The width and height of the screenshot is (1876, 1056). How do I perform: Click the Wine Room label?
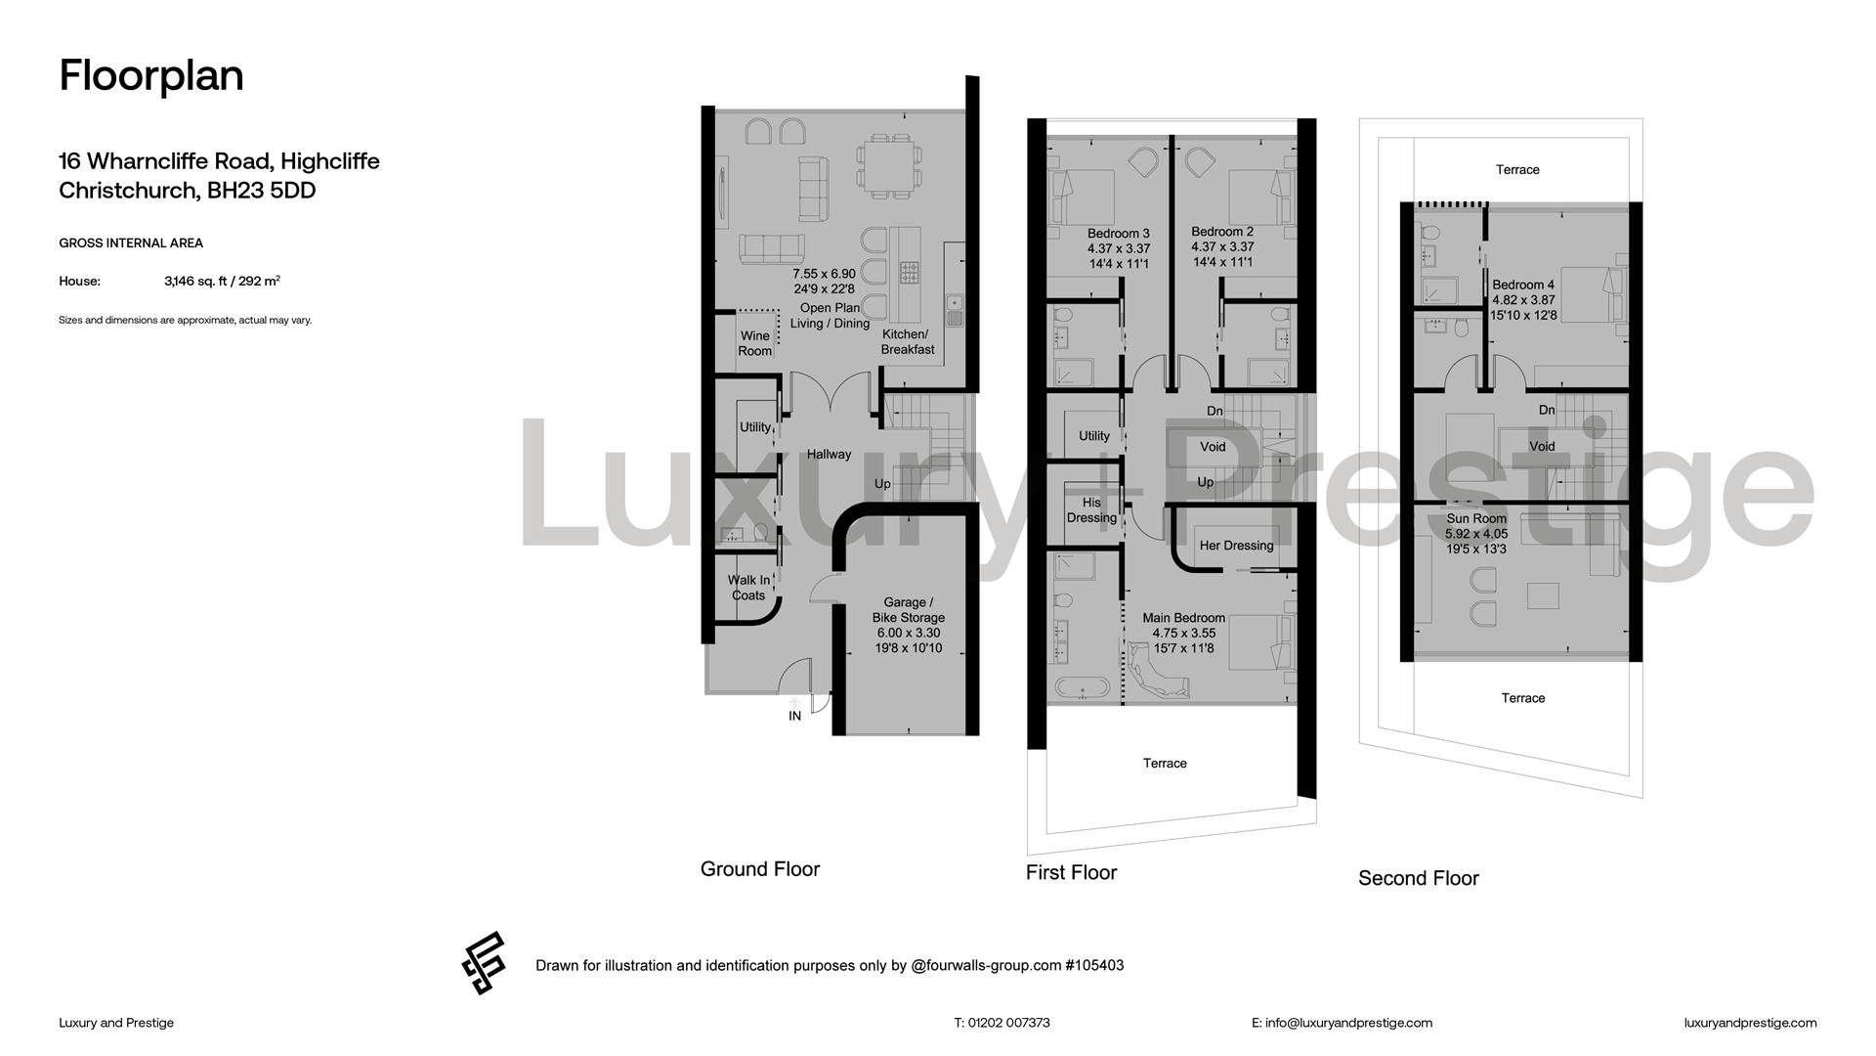(754, 343)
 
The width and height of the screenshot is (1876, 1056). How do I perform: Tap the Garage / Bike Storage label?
(909, 610)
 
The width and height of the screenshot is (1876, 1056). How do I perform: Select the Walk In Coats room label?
(748, 588)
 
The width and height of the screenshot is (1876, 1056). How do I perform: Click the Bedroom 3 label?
(1119, 234)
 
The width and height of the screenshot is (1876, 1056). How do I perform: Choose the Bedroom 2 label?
(1222, 232)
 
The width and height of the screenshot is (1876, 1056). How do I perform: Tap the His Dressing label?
(1091, 510)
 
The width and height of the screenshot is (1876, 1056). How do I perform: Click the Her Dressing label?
(1236, 546)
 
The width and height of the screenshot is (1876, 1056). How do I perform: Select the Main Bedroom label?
(1184, 618)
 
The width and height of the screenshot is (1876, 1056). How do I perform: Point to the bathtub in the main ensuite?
(1082, 687)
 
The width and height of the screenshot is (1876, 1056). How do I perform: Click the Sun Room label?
(1476, 519)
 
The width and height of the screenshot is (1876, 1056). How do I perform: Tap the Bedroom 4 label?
(1523, 286)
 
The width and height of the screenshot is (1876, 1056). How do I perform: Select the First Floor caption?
(1071, 872)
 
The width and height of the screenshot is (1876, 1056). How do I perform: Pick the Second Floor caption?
(1419, 878)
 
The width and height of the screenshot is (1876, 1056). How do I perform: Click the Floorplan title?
(151, 76)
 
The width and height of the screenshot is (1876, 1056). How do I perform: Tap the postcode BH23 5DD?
(261, 191)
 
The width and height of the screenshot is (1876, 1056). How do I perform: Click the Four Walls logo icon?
(484, 963)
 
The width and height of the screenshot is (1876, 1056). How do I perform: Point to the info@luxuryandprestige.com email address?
(1348, 1023)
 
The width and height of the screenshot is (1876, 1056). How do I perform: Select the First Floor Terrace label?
(1165, 764)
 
